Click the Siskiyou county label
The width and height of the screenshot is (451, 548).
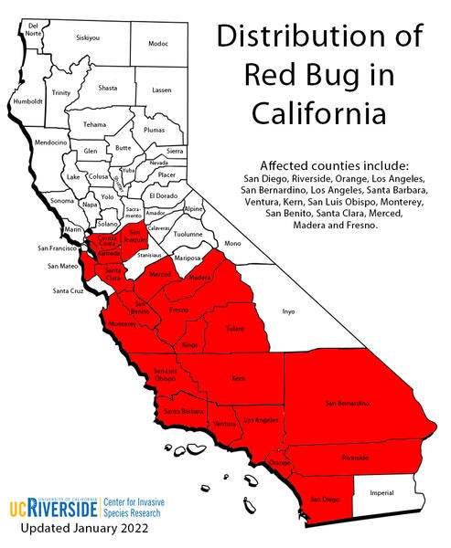click(x=88, y=38)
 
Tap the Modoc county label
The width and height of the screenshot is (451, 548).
click(x=158, y=44)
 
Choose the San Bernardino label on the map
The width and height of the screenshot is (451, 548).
click(x=347, y=402)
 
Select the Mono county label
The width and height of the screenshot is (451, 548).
click(x=231, y=243)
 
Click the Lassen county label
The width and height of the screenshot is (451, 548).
click(x=161, y=90)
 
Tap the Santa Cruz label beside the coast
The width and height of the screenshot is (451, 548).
click(x=68, y=291)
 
